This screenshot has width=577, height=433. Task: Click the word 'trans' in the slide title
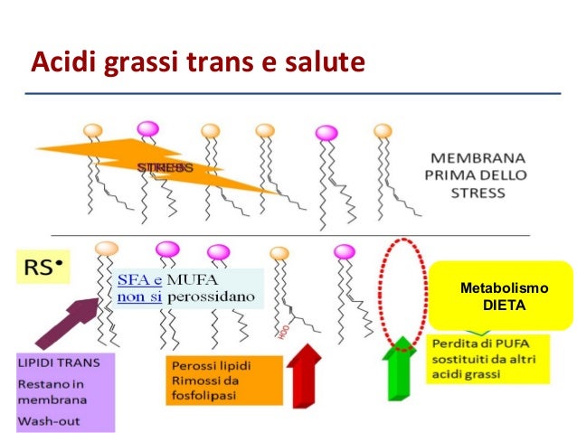coord(222,64)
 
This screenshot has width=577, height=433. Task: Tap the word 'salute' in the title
coord(321,64)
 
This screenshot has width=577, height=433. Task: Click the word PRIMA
coord(451,176)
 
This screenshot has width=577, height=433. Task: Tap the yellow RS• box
coord(43,268)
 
